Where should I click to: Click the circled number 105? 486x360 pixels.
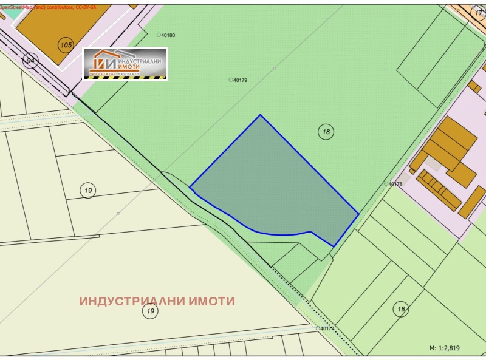66,44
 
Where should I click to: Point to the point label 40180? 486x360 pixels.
166,35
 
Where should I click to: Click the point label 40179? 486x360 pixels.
239,80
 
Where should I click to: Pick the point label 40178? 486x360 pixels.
394,184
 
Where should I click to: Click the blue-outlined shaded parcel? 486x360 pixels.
273,188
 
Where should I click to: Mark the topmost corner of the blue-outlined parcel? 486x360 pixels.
261,115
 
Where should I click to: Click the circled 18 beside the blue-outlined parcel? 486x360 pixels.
326,131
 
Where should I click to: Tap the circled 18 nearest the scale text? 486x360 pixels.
400,309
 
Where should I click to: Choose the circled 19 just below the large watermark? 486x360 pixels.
150,311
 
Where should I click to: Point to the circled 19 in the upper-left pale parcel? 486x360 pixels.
88,191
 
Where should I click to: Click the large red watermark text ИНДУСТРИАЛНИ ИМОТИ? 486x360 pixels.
157,301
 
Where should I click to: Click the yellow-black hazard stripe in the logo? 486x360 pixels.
125,77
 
